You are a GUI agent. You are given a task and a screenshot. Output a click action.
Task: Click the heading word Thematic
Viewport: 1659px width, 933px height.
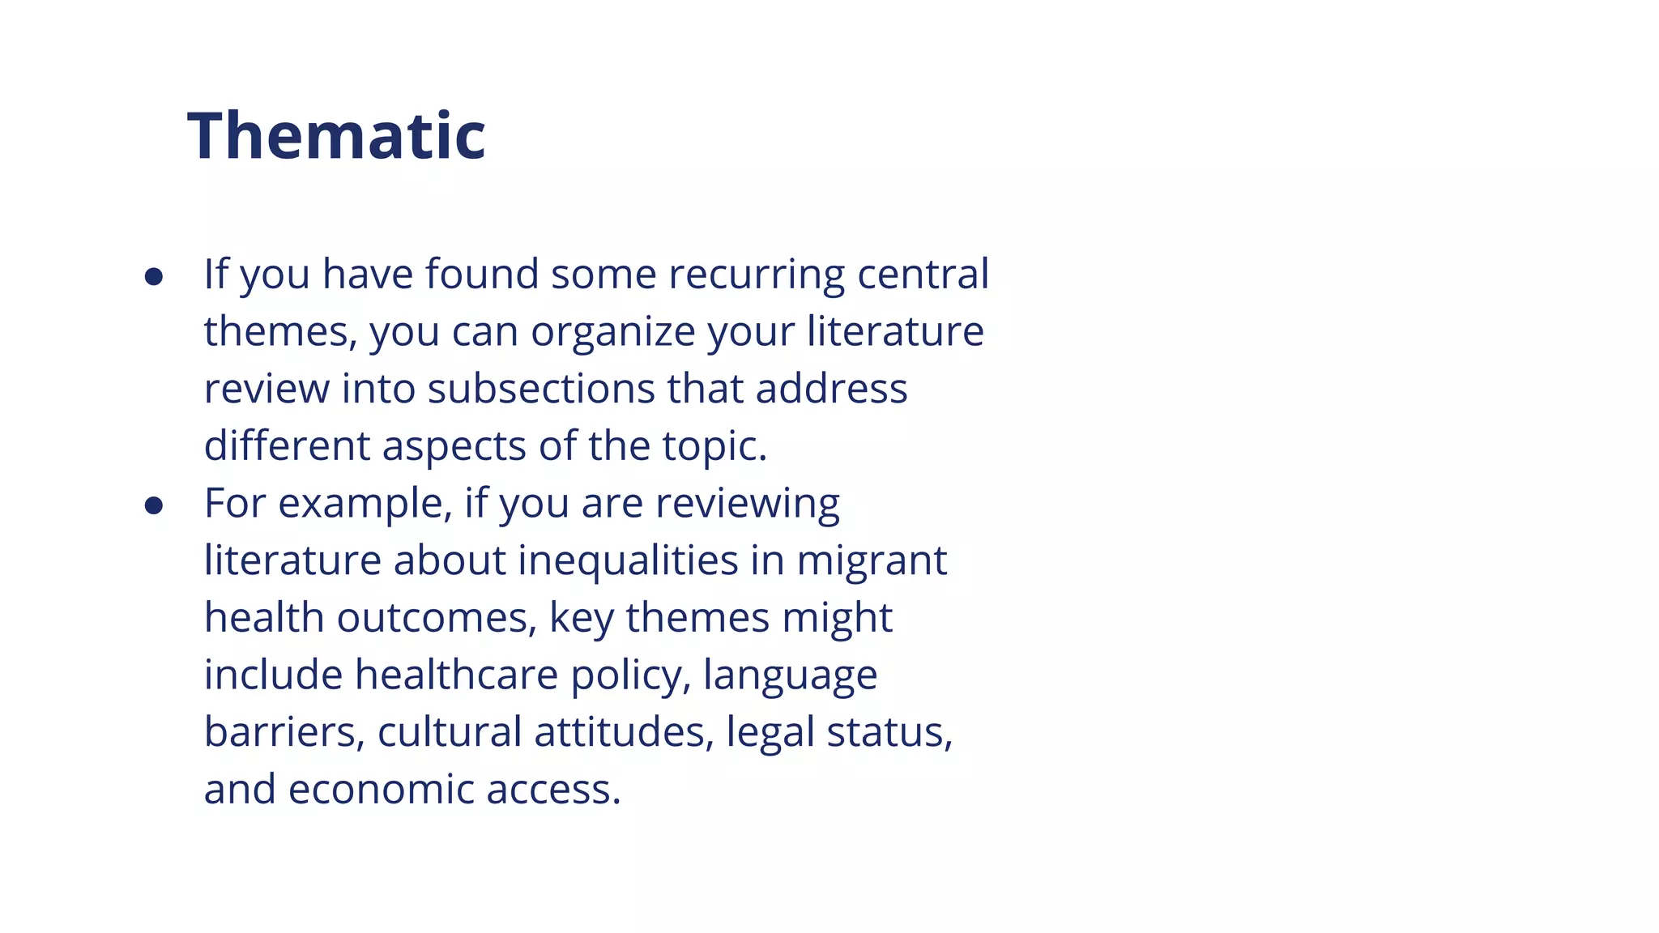click(336, 136)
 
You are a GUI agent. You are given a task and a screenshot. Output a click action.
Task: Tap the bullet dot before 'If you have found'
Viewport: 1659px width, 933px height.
click(154, 277)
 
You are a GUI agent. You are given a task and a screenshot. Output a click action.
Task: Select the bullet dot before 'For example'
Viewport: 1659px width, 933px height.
click(154, 506)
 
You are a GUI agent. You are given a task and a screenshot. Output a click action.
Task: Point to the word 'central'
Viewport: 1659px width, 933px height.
click(923, 274)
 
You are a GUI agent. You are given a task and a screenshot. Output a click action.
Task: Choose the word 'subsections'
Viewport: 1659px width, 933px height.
click(541, 389)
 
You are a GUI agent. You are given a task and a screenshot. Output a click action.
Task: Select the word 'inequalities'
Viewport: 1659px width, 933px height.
click(628, 561)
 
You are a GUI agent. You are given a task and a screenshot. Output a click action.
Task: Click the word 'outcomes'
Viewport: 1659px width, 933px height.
click(437, 618)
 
